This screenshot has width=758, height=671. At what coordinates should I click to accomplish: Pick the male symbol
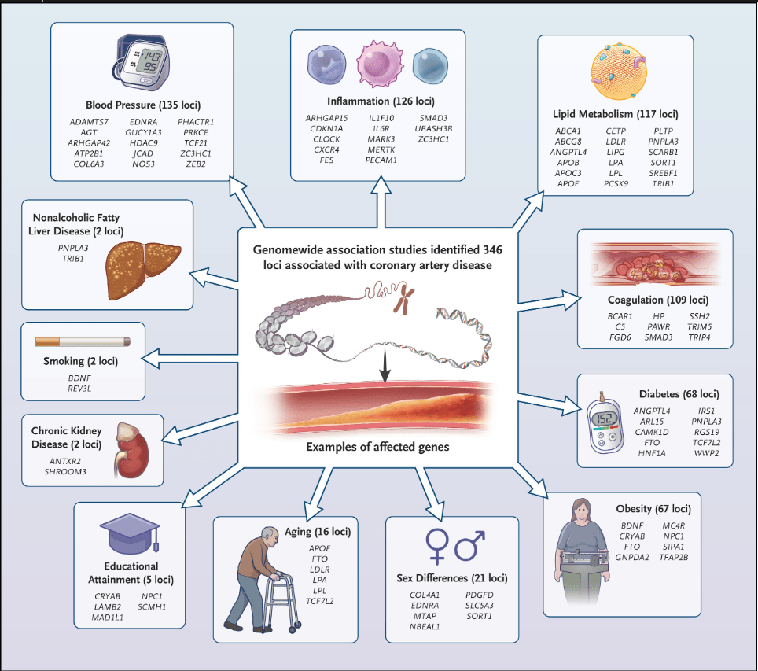click(x=470, y=544)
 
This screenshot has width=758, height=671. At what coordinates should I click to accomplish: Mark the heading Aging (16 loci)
click(x=319, y=531)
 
